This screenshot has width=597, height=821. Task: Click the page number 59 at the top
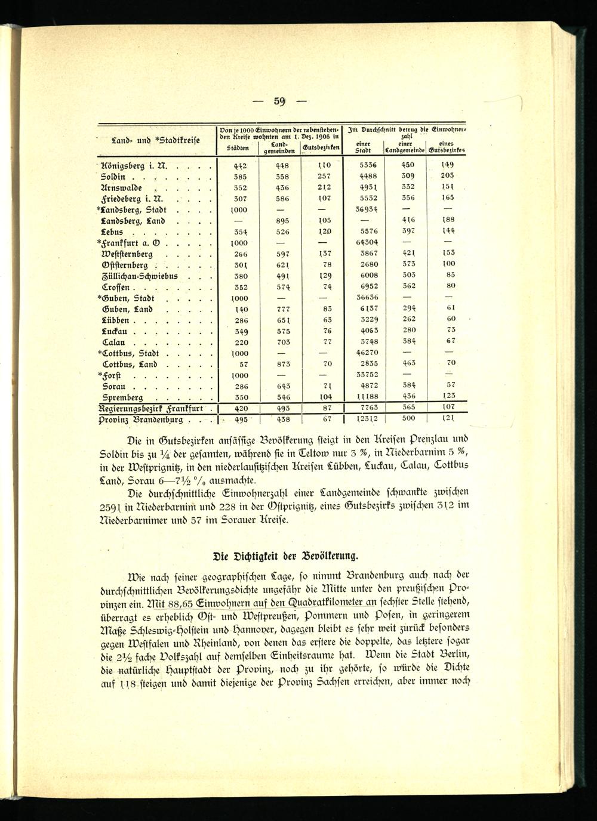point(280,101)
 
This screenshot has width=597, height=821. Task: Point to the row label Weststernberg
point(133,254)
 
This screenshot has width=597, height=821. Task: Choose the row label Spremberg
point(122,397)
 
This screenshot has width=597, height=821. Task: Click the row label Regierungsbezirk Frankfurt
point(152,409)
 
